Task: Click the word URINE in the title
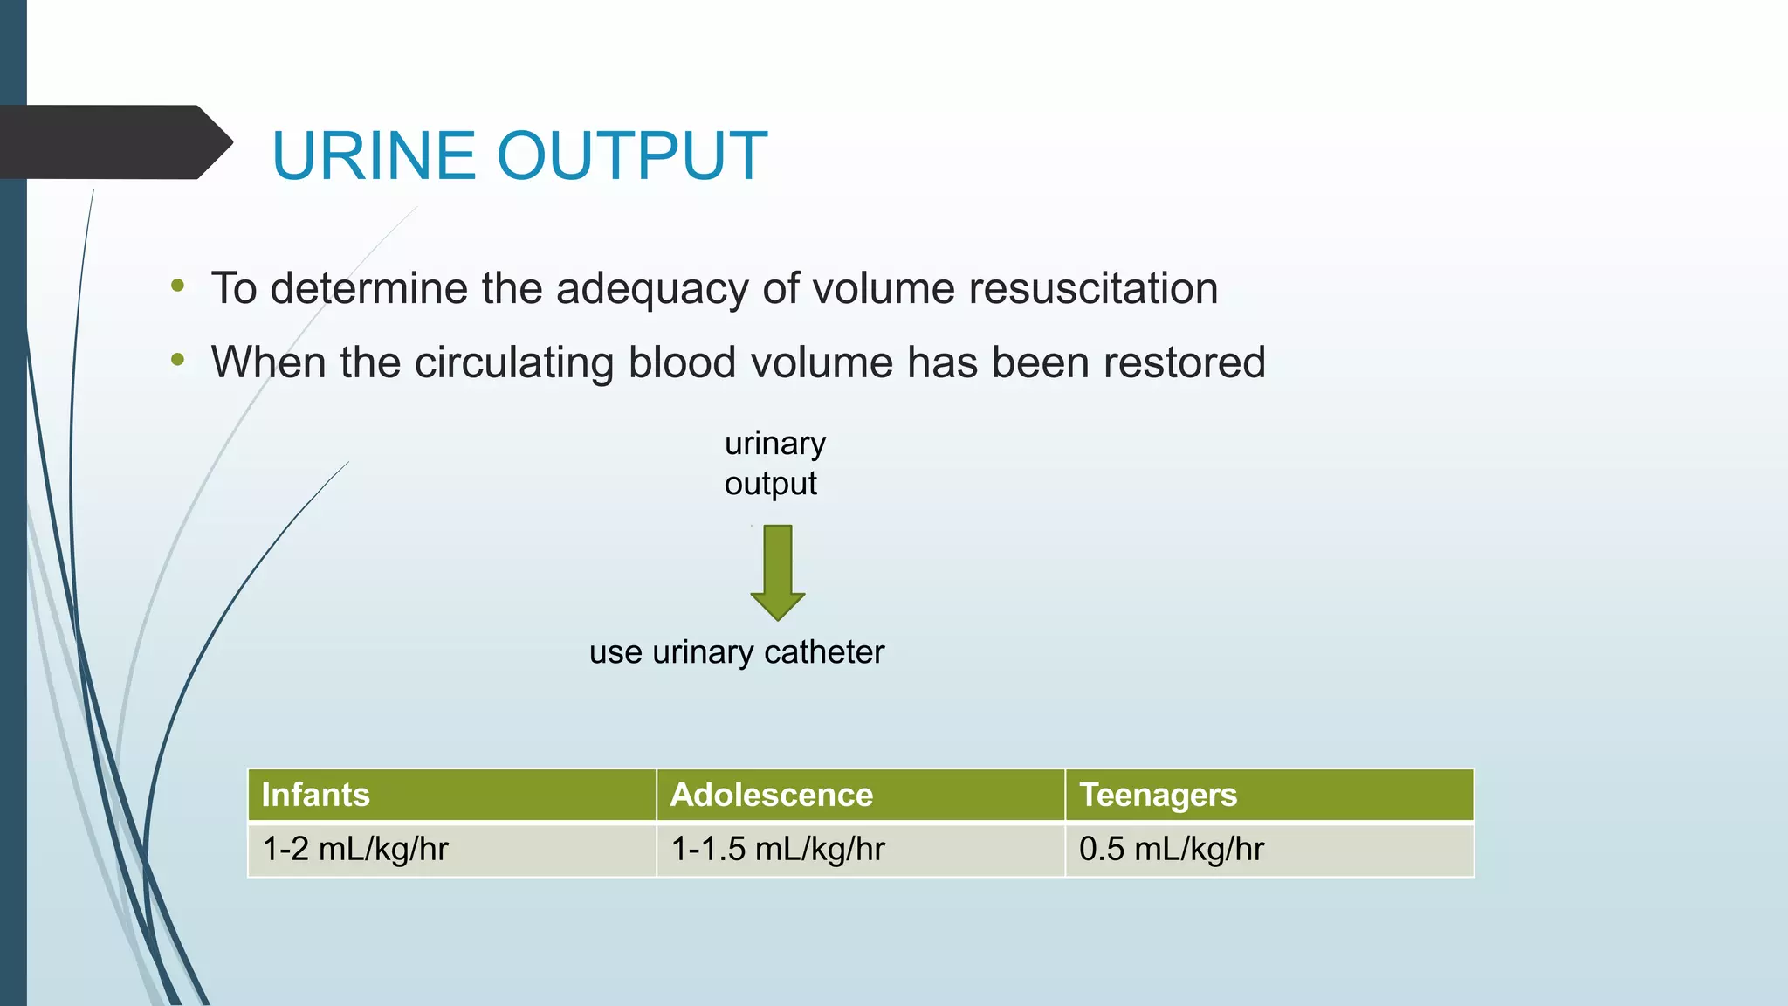(375, 156)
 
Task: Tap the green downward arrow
(777, 572)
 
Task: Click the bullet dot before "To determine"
(178, 286)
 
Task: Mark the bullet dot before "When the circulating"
(178, 359)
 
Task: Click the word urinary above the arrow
(774, 444)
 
